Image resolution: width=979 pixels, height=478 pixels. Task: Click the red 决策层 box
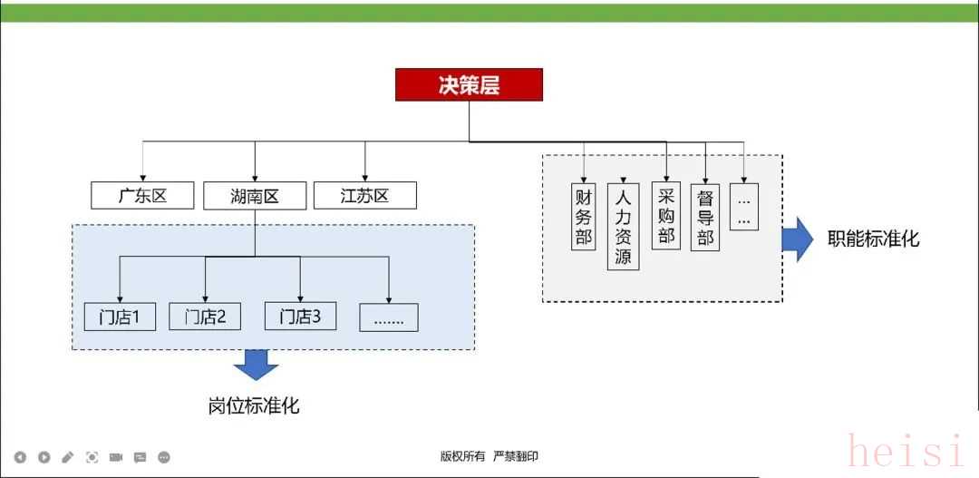coord(469,84)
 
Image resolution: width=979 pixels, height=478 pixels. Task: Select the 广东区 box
coord(142,195)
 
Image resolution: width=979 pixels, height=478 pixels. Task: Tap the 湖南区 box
coord(255,195)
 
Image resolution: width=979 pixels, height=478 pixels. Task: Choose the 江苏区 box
coord(364,195)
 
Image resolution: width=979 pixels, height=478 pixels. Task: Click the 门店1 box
coord(120,317)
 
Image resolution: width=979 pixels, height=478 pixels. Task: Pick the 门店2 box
coord(205,317)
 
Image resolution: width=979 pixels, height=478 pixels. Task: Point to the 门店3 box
coord(300,317)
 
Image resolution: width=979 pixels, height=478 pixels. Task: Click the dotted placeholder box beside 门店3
coord(388,317)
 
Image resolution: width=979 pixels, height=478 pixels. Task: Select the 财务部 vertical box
coord(583,217)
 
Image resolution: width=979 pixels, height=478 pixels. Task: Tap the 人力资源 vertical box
coord(622,226)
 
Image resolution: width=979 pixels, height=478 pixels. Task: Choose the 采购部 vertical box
coord(666,215)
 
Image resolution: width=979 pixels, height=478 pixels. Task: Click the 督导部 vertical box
coord(705,218)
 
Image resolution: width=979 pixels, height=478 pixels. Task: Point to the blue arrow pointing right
coord(798,239)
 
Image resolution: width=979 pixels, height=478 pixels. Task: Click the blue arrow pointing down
coord(257,366)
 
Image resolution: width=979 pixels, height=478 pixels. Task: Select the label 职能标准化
coord(873,239)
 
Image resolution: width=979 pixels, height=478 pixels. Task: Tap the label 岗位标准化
coord(254,405)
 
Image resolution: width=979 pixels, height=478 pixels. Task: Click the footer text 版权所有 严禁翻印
coord(489,456)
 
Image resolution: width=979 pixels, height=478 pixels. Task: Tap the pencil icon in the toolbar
coord(68,457)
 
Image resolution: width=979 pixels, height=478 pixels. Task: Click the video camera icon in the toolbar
coord(116,457)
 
